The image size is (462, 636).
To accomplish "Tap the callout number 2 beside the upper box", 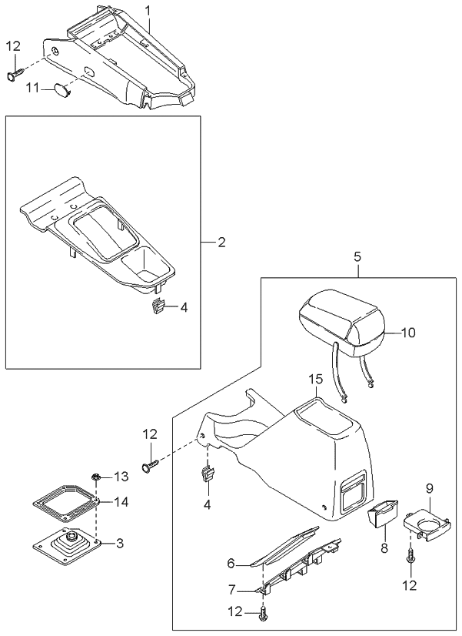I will (221, 243).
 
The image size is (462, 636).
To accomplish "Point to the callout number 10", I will (407, 333).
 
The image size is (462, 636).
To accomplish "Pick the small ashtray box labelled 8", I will (380, 515).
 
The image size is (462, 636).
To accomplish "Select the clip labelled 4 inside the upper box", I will (159, 306).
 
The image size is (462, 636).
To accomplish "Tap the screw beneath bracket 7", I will (265, 612).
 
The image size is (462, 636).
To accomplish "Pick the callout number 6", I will (231, 564).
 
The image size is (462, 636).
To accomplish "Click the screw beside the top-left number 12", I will (16, 75).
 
